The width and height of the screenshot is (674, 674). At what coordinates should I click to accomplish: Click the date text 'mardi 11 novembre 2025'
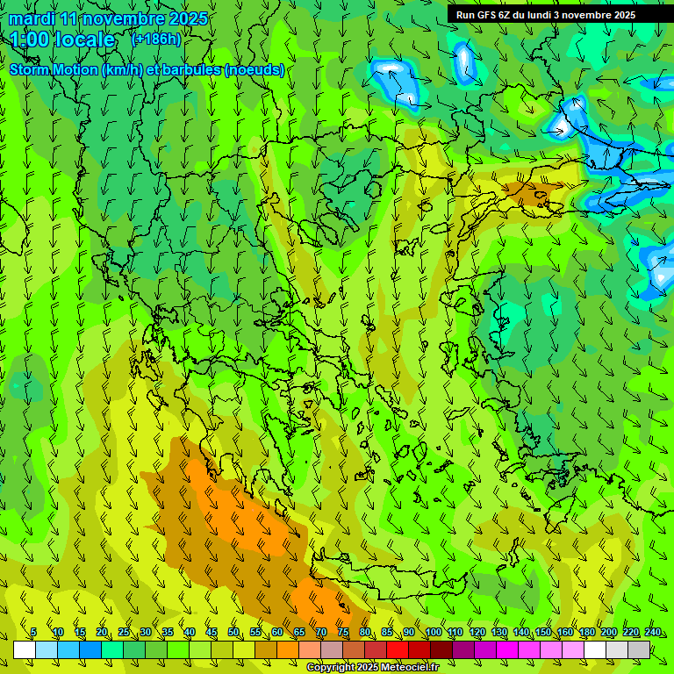pos(109,18)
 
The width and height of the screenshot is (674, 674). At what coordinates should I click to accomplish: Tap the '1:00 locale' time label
pos(63,39)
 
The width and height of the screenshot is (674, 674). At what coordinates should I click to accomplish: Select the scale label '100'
pos(433,632)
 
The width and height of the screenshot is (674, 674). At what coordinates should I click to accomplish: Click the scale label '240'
pos(653,632)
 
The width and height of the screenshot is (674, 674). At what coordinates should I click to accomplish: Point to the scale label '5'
pos(33,632)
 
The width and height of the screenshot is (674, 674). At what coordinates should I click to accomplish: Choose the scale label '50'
pos(233,632)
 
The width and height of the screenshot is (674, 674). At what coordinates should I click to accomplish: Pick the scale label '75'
pos(343,632)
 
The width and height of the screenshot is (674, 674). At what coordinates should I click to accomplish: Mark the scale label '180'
pos(586,632)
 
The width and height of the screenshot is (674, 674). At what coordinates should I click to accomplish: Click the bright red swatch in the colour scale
pos(398,649)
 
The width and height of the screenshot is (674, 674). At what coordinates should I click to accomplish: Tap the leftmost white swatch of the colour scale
pos(25,649)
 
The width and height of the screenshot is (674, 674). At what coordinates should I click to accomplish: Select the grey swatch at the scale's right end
pos(639,649)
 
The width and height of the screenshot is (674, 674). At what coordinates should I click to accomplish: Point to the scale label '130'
pos(498,632)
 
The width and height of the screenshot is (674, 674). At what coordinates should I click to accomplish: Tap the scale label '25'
pos(123,632)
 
